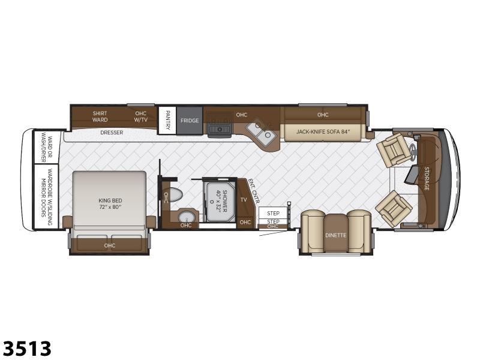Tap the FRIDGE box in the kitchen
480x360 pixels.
(x=190, y=121)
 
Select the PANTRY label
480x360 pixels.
(x=168, y=120)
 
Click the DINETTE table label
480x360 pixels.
(x=336, y=235)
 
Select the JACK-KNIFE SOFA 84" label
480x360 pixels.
(x=323, y=132)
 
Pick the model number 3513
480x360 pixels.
(x=27, y=349)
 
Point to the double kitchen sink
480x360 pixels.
(x=262, y=132)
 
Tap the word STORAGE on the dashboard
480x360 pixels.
(x=427, y=178)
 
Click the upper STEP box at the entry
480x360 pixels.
(x=273, y=213)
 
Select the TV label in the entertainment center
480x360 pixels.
(x=244, y=200)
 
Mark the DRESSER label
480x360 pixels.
(x=112, y=133)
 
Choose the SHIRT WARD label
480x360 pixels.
(x=100, y=116)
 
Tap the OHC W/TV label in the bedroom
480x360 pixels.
(x=141, y=116)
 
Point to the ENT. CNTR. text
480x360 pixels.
(x=254, y=191)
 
